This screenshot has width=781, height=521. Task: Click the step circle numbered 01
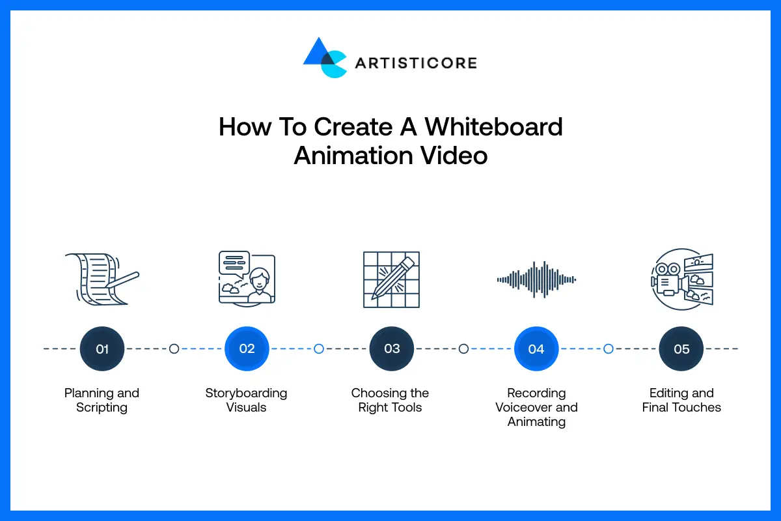click(x=102, y=349)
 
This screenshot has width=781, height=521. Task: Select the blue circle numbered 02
click(x=247, y=349)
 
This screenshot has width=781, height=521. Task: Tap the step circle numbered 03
click(x=392, y=349)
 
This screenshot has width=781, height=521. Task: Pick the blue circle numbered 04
click(x=536, y=349)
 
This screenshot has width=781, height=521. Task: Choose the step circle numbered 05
click(x=681, y=349)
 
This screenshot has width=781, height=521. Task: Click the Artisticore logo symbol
click(x=325, y=58)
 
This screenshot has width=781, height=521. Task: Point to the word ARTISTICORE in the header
click(x=415, y=63)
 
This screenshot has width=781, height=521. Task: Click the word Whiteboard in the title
click(x=494, y=126)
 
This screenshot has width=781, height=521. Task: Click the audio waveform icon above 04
click(x=536, y=279)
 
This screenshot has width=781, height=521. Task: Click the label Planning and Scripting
click(x=102, y=401)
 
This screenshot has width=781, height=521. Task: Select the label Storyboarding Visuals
click(x=247, y=401)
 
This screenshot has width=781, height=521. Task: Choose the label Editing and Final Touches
click(x=681, y=401)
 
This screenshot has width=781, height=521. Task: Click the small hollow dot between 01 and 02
click(x=174, y=349)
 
